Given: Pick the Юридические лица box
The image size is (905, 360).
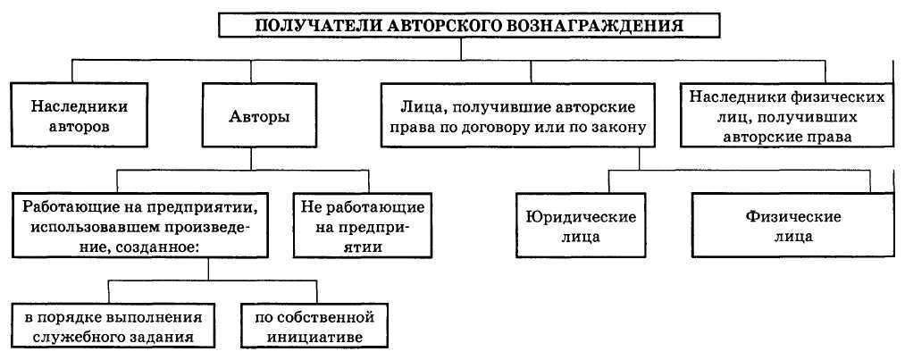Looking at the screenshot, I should coord(581,227).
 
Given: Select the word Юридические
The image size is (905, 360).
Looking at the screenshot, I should coord(581,217).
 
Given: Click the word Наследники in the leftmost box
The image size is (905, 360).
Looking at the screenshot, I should coord(79,105).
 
